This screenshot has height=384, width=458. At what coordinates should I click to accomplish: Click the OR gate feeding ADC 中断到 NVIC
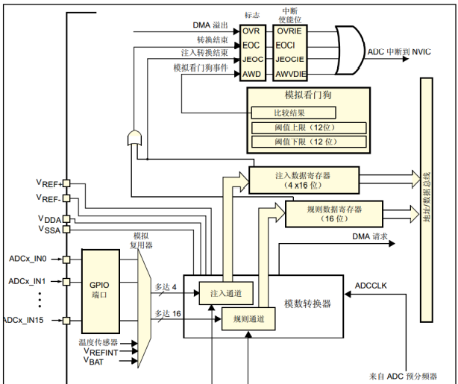click(351, 51)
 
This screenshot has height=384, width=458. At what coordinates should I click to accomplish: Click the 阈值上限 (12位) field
click(308, 127)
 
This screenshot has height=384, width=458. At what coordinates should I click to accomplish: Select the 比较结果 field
click(293, 113)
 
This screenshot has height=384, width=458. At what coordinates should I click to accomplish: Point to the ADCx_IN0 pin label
click(28, 259)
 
